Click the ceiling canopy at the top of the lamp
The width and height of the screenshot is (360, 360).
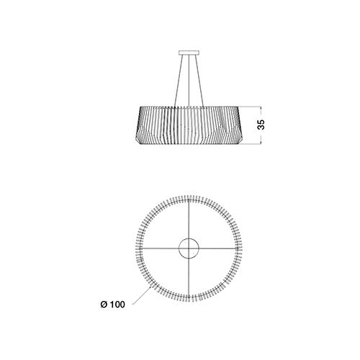(189, 53)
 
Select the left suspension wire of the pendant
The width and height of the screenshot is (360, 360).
(179, 81)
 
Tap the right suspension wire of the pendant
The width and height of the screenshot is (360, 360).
(199, 81)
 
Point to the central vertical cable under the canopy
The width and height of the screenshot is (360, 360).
(189, 81)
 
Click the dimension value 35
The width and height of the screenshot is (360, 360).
(261, 125)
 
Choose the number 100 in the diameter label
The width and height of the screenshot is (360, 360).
(117, 305)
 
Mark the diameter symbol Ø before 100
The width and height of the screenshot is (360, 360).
(104, 305)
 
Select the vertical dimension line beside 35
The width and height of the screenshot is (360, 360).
(261, 125)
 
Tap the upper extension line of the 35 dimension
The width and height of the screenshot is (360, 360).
(250, 107)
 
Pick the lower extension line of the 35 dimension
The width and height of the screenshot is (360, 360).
(250, 144)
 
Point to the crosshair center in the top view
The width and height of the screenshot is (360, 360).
(189, 248)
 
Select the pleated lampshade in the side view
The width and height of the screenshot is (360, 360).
(189, 125)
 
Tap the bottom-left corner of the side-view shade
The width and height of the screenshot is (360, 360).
(138, 145)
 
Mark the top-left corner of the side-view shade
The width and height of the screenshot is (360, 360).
(140, 107)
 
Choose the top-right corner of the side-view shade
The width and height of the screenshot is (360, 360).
(238, 107)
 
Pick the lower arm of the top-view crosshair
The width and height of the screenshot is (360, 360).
(189, 273)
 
